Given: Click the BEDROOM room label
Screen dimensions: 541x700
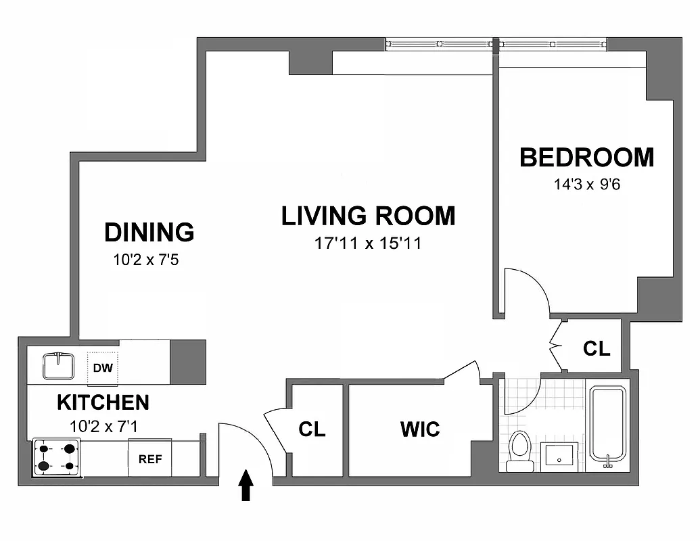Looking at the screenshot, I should [586, 158].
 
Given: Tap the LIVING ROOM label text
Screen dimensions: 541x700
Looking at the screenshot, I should [368, 216].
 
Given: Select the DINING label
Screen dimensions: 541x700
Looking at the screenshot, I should [149, 232].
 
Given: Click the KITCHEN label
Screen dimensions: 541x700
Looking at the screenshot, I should [103, 402].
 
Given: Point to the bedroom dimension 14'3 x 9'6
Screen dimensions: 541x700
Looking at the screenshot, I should [586, 184].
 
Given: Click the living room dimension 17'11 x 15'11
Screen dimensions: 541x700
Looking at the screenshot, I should [368, 243].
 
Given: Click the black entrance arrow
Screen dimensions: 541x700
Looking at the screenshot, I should [247, 486].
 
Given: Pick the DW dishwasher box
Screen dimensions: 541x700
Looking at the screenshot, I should [102, 369].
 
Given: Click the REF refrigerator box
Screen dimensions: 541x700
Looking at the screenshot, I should [150, 458].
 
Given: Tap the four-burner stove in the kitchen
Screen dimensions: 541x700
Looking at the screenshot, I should [57, 457].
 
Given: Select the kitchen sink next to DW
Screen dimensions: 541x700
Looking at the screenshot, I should [57, 366].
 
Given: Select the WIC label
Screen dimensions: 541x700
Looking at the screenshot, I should [419, 429].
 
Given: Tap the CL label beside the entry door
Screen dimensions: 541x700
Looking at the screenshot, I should [312, 429].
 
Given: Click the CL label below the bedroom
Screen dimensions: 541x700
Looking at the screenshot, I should [597, 349].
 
